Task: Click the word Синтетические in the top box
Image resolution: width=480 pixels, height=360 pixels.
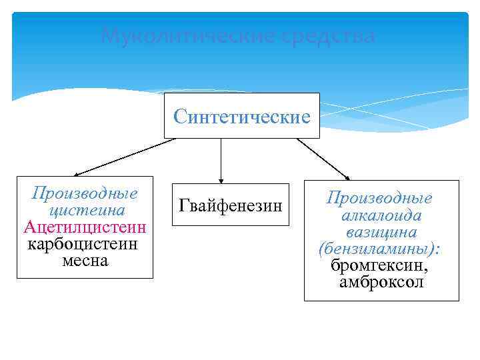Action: [x=242, y=117]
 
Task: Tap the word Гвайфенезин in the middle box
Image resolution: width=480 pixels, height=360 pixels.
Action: [x=231, y=205]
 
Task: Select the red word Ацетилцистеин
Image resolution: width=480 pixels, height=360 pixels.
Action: [x=85, y=227]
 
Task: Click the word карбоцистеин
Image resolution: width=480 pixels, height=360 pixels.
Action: [x=83, y=243]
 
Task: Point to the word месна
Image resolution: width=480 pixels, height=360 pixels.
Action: [x=85, y=259]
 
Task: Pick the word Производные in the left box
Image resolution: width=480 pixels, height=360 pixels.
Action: [x=85, y=194]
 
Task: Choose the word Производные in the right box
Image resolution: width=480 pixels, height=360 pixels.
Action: [x=379, y=198]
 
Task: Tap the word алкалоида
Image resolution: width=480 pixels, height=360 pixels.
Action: [x=381, y=215]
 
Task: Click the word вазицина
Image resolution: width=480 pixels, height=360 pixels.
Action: [x=381, y=232]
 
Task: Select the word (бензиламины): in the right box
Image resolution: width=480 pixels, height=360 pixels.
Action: [x=380, y=249]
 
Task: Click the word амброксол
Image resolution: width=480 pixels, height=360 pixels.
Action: [x=381, y=282]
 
